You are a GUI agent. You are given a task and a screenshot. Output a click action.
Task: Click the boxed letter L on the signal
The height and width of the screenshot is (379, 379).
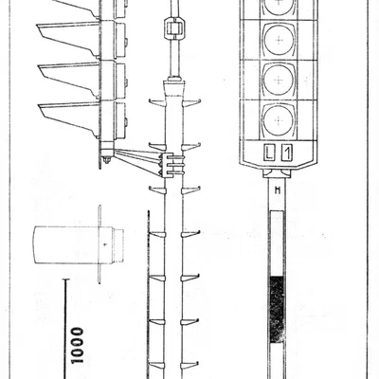269,153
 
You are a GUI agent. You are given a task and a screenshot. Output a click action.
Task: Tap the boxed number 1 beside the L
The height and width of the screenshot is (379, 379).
287,153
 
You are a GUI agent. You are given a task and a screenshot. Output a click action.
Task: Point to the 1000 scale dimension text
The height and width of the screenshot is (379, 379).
78,345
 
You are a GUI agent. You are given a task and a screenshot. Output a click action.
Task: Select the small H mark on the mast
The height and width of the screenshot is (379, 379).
278,190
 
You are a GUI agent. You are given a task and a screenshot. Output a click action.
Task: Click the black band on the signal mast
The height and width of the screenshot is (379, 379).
277,310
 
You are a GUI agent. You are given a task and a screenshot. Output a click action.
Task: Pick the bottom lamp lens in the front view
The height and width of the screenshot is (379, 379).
279,120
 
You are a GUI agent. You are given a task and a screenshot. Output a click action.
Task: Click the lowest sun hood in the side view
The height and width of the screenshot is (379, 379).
69,119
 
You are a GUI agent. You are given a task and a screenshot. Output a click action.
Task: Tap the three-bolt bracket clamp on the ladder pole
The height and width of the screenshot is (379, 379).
169,165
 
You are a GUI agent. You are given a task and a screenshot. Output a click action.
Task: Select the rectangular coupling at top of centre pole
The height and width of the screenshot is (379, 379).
173,27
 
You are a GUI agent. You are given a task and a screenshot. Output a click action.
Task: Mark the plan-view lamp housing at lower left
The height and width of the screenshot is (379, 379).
79,244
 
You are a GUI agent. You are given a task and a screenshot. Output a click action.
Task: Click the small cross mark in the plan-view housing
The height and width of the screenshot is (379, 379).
105,244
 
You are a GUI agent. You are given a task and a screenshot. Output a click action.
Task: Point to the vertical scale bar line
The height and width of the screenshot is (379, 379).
65,329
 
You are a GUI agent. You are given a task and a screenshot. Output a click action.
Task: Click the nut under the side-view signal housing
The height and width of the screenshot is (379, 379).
107,160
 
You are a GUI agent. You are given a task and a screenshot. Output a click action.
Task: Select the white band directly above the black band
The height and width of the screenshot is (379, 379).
277,244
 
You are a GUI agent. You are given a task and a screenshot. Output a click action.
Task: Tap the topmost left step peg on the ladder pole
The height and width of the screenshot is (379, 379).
157,102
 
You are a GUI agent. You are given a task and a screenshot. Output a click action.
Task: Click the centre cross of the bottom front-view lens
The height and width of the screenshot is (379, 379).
279,120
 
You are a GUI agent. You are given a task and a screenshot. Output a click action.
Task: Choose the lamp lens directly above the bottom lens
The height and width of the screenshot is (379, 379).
279,81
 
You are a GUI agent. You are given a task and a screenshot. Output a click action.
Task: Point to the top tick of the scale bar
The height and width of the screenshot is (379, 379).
65,280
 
